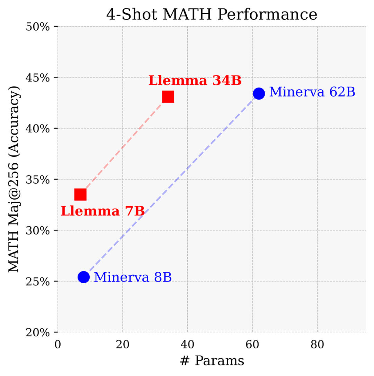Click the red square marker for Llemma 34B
pos(168,97)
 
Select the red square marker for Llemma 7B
pos(80,194)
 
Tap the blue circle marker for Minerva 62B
pos(259,93)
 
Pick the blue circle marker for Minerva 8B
pos(83,277)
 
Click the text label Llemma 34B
pos(195,81)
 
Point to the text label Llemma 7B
pos(103,211)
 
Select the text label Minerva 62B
pos(312,92)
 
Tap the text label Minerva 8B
pos(133,277)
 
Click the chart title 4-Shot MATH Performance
pos(212,15)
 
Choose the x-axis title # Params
pos(212,361)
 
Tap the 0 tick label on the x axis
pos(58,345)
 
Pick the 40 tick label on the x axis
pos(187,345)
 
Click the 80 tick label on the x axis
pos(317,345)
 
